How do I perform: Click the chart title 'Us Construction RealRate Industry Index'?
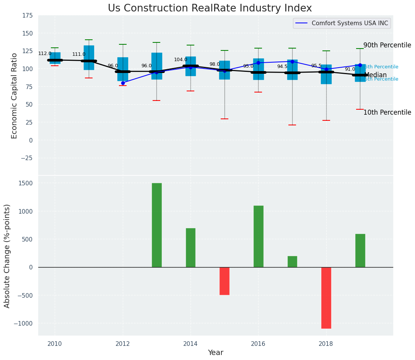(x=210, y=8)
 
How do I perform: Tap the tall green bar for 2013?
(x=157, y=225)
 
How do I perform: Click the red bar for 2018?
(x=326, y=298)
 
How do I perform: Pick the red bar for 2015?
(x=225, y=281)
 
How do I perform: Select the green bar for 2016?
(x=259, y=236)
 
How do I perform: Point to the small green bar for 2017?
(x=292, y=262)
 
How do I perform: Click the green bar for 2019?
(x=360, y=250)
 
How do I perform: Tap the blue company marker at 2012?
(x=123, y=83)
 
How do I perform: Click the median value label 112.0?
(x=45, y=54)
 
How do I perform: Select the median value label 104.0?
(x=181, y=60)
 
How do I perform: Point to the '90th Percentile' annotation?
(x=387, y=45)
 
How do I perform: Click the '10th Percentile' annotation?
(x=387, y=112)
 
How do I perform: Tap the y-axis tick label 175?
(x=27, y=16)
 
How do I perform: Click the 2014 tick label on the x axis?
(x=190, y=344)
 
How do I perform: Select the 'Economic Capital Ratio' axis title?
(x=15, y=96)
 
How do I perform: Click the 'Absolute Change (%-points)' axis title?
(x=7, y=256)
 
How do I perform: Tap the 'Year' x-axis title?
(x=216, y=353)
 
